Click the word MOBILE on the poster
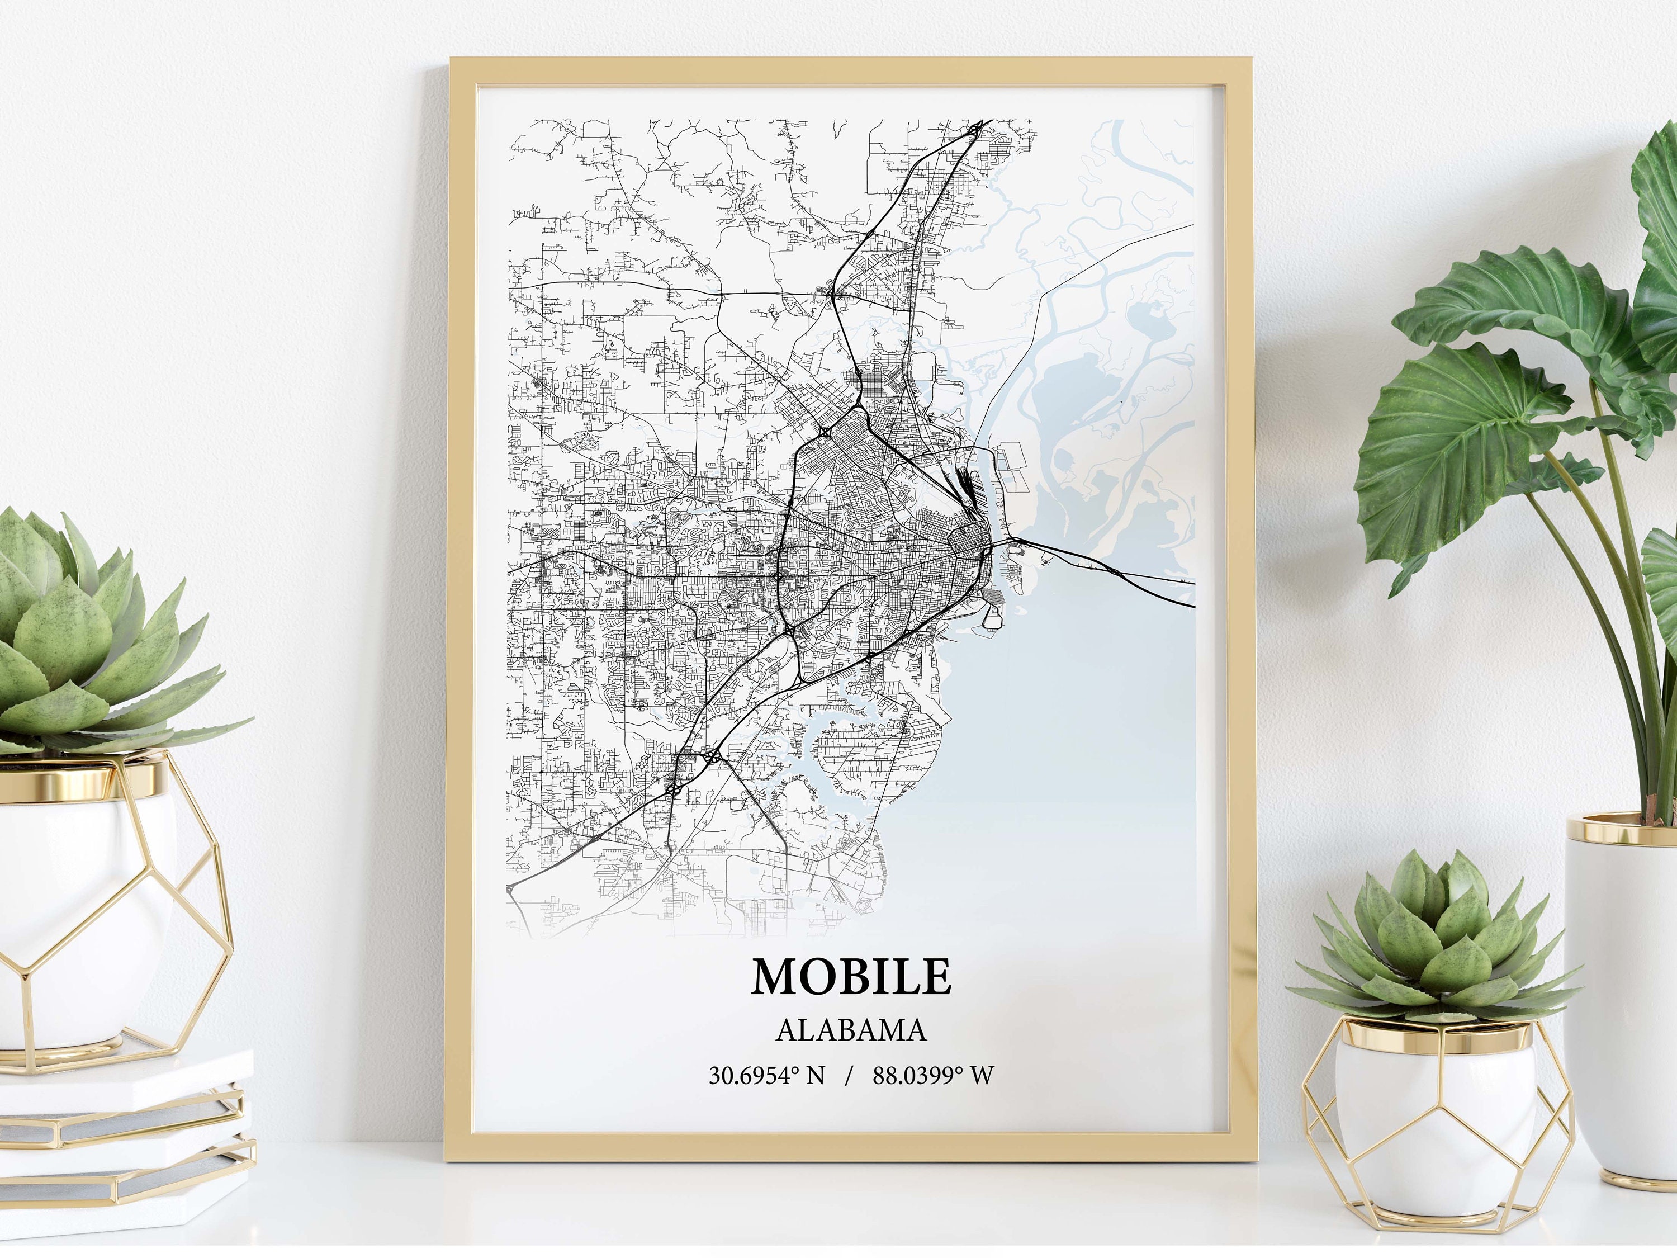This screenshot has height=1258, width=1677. click(x=851, y=977)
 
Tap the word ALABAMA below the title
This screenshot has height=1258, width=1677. click(x=851, y=1030)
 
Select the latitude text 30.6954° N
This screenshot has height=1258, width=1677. click(x=766, y=1075)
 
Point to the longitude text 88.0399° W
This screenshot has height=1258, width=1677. click(x=932, y=1075)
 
